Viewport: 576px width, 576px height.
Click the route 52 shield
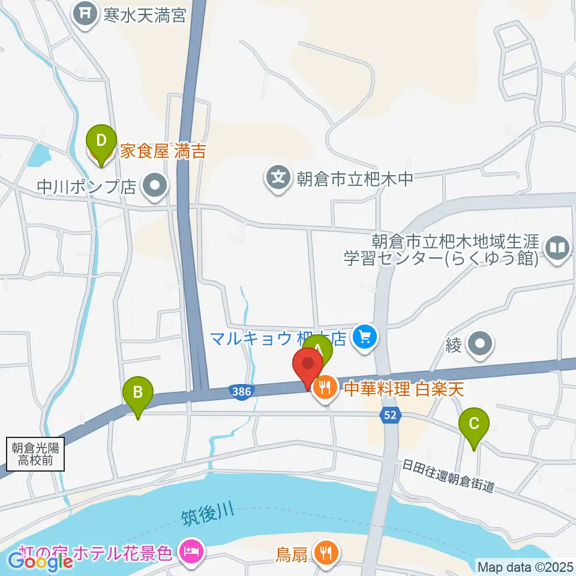(x=391, y=415)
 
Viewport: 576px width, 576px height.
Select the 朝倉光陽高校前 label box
(x=35, y=454)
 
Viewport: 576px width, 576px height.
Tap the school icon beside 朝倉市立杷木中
(x=278, y=178)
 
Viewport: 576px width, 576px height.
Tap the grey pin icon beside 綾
(x=480, y=344)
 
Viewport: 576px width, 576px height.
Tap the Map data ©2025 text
(x=525, y=566)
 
